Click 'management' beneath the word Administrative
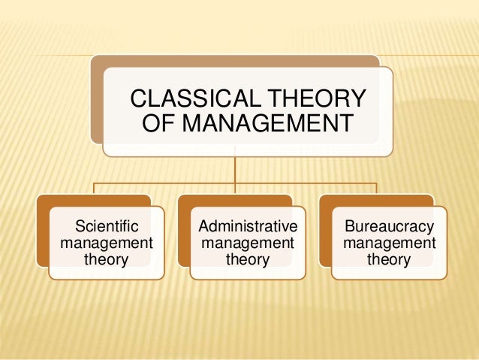[x=247, y=244]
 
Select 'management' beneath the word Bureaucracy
[x=388, y=244]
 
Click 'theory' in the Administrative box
[x=247, y=261]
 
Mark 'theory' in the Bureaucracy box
[x=388, y=261]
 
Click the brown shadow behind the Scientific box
[x=42, y=233]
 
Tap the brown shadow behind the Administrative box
[x=183, y=233]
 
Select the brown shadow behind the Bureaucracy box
[x=324, y=233]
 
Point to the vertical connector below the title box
[x=235, y=169]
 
